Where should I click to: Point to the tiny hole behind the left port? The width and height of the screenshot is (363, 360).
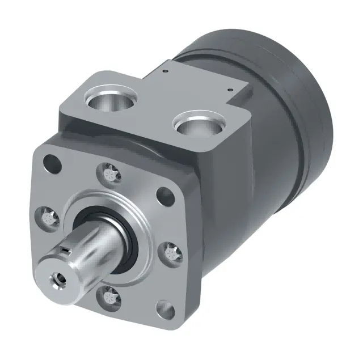point(163,72)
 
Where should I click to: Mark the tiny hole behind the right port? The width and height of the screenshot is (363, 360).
point(230,89)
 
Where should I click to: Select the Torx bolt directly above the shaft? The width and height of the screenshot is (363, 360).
point(110,172)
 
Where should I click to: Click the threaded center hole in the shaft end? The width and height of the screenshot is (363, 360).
point(57,278)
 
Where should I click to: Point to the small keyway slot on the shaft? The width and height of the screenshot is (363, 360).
point(67,249)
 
